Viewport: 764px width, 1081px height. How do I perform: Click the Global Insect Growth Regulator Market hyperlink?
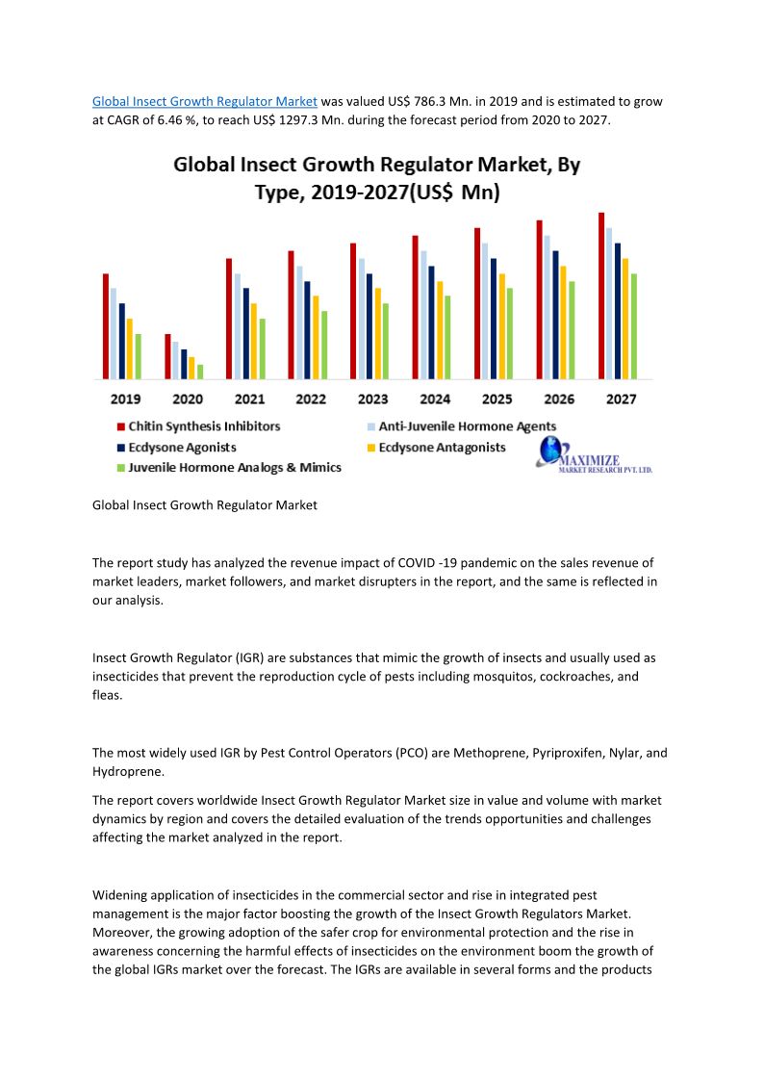pyautogui.click(x=204, y=101)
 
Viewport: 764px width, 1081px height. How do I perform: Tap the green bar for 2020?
pyautogui.click(x=200, y=372)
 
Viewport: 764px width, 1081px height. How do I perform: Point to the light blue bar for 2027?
pyautogui.click(x=609, y=302)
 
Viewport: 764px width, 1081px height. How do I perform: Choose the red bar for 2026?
pyautogui.click(x=540, y=298)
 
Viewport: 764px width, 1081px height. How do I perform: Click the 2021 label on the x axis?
pyautogui.click(x=249, y=399)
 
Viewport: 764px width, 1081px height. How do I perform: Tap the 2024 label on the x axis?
pyautogui.click(x=435, y=399)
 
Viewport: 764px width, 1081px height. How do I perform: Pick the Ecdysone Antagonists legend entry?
pyautogui.click(x=442, y=447)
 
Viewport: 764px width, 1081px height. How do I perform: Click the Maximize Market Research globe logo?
pyautogui.click(x=551, y=450)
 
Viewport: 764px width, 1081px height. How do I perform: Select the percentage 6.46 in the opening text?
pyautogui.click(x=176, y=120)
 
